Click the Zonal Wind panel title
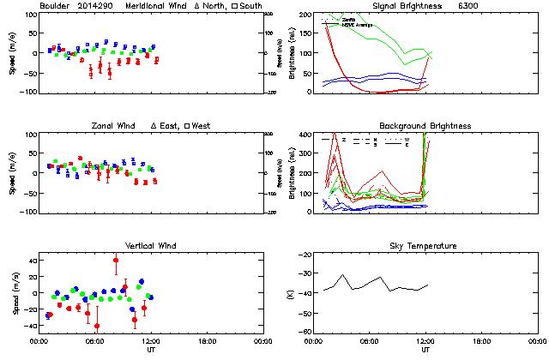tap(121, 126)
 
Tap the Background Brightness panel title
tap(425, 126)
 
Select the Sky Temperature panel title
tap(425, 246)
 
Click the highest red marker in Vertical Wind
tap(116, 260)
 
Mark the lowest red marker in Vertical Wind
tap(97, 326)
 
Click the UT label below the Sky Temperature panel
tap(425, 350)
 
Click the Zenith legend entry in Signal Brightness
tap(349, 18)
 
